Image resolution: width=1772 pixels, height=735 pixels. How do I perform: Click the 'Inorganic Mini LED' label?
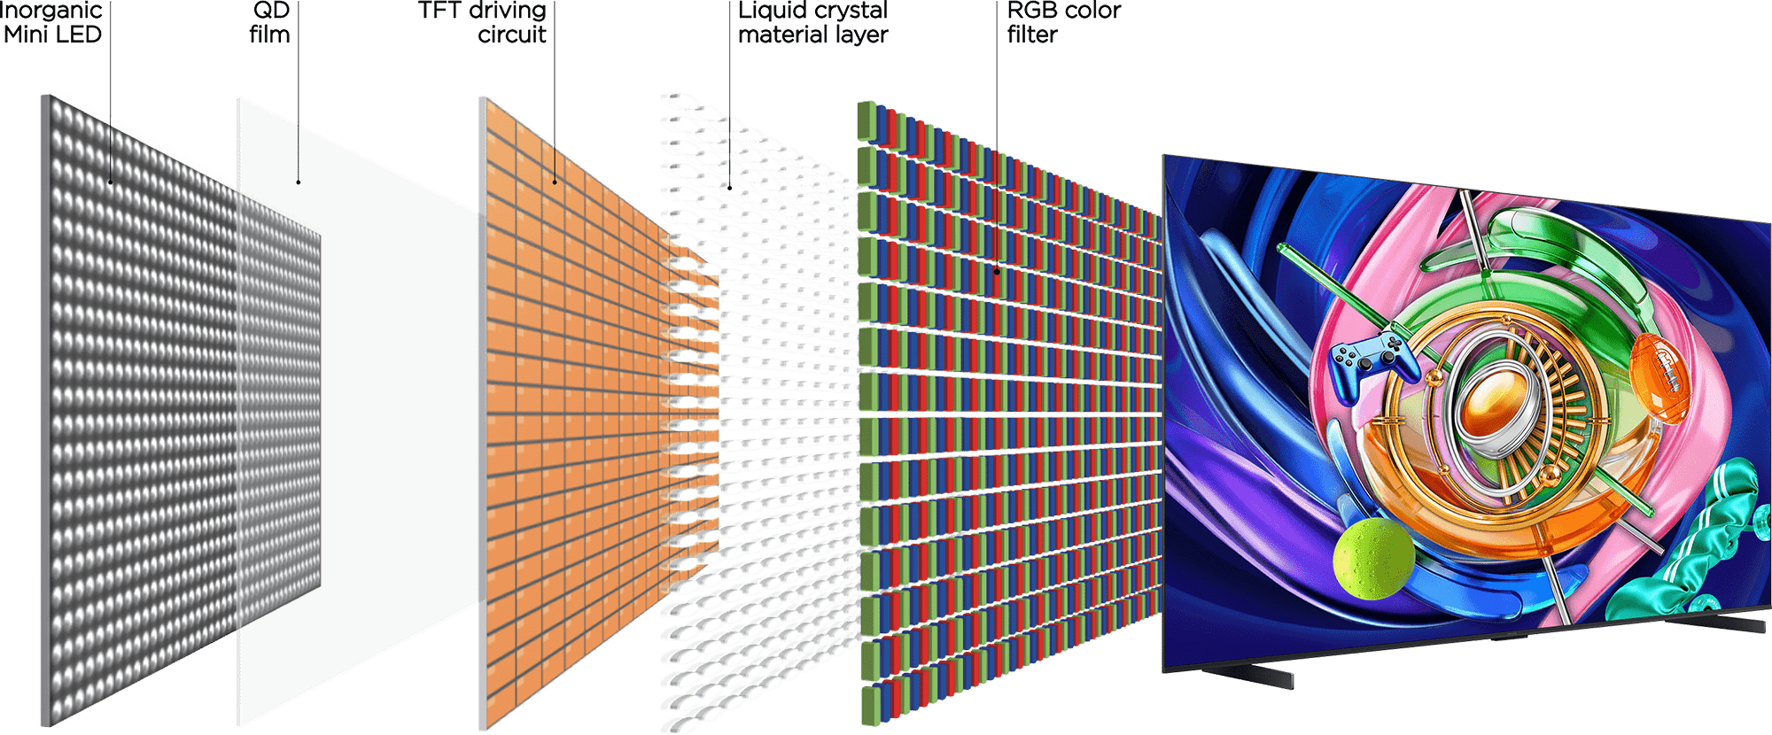[53, 23]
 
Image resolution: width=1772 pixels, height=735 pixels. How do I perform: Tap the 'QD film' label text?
[270, 23]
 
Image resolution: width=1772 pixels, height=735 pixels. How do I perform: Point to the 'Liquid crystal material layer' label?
[812, 23]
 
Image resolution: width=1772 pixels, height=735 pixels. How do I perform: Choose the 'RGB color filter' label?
[1063, 23]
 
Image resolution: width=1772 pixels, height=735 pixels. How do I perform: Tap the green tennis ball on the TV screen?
[1372, 559]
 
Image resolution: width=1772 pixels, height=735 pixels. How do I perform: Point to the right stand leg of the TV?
[1728, 625]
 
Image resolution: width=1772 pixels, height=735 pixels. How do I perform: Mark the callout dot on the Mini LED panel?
[111, 182]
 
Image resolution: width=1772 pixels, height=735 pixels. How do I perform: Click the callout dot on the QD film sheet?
[299, 182]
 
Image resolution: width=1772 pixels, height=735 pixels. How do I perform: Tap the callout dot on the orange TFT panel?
[556, 182]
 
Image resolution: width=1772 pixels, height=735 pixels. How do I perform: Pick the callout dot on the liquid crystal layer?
[729, 187]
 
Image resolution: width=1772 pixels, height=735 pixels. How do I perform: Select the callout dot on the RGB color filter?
[997, 272]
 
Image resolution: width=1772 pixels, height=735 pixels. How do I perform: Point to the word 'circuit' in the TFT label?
[511, 35]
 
